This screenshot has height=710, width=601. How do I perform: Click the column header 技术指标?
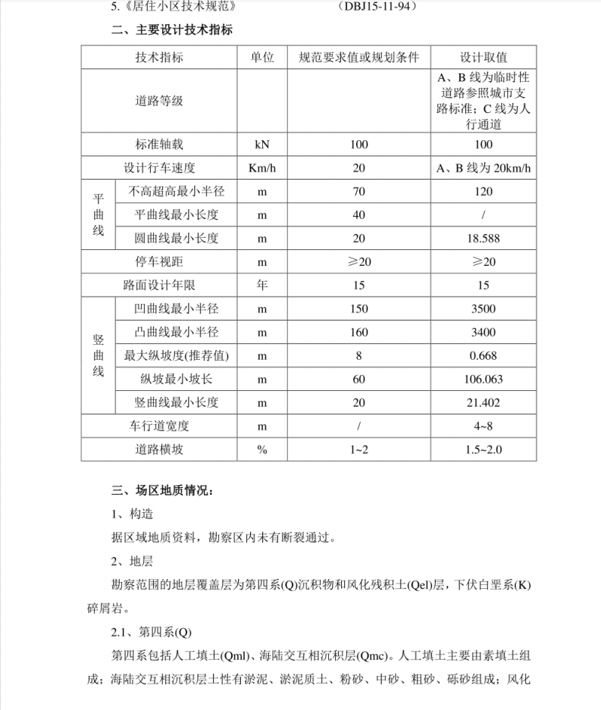tap(159, 58)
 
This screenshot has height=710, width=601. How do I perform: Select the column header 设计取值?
tap(484, 58)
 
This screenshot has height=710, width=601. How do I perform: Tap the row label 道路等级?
tap(159, 101)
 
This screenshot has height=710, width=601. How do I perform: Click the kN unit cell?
tap(262, 143)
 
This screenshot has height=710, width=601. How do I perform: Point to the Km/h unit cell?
tap(262, 168)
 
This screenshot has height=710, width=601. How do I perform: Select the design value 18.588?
tap(484, 238)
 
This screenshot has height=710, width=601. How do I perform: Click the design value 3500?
tap(484, 308)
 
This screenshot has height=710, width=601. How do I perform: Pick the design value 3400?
tap(484, 332)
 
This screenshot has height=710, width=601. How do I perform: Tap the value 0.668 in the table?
tap(484, 355)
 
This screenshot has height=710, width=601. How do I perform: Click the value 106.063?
tap(484, 379)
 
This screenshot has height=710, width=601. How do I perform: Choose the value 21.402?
tap(484, 402)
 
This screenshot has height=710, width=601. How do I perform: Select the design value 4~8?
tap(484, 426)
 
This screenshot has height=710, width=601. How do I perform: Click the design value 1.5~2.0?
tap(484, 449)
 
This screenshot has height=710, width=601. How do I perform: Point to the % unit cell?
tap(262, 449)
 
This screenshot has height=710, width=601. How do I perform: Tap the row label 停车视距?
tap(159, 261)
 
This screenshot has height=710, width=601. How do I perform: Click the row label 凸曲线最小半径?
tap(176, 332)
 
